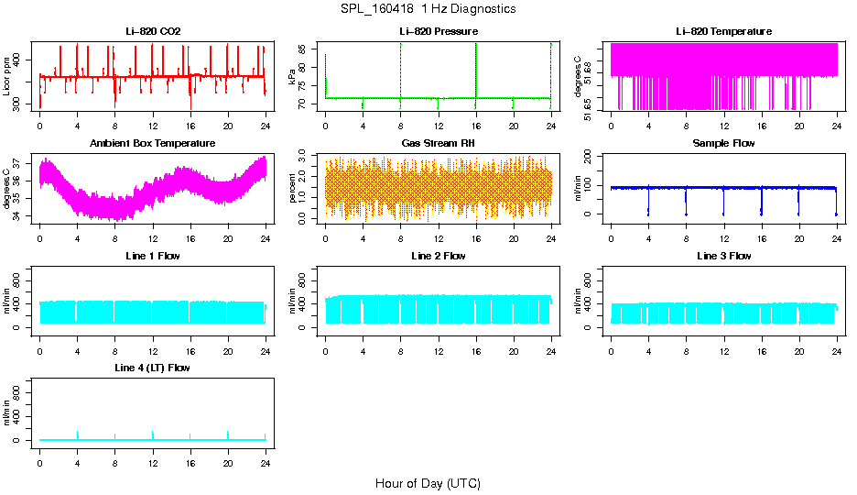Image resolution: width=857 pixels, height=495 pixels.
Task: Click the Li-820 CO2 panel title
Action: tap(153, 31)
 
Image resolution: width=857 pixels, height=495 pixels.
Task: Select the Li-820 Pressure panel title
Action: tap(439, 31)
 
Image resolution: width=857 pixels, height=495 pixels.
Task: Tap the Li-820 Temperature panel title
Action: tap(723, 31)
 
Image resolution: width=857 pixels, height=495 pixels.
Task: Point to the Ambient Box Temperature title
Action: tap(153, 144)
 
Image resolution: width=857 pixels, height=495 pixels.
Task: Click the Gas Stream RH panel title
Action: tap(439, 144)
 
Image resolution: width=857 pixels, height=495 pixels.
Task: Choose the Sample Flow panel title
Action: tap(723, 144)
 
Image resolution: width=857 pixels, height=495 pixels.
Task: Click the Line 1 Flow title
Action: tap(153, 256)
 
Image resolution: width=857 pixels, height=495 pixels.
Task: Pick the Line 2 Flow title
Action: tap(439, 256)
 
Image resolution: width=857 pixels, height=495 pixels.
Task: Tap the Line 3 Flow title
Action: tap(723, 256)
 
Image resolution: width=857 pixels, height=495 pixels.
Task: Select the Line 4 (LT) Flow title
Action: tap(153, 368)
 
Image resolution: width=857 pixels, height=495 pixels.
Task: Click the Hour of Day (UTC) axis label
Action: tap(428, 483)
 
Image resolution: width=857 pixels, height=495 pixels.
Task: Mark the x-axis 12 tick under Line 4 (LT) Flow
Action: tap(153, 456)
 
